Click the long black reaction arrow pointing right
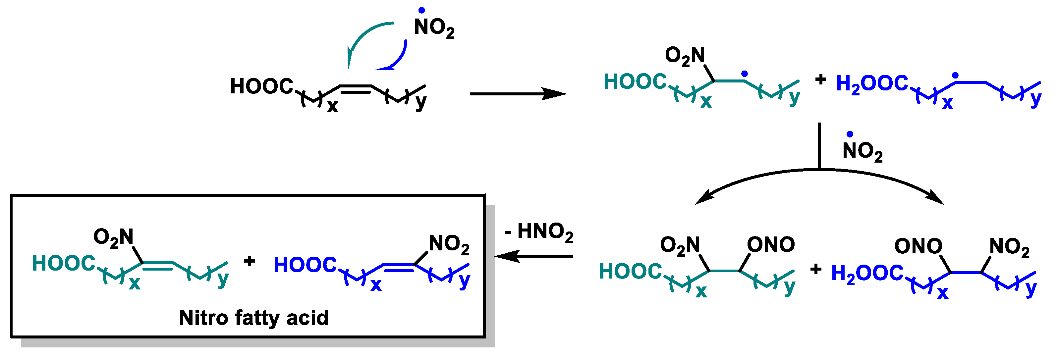[x=518, y=94]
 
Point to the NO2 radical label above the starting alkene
[x=434, y=27]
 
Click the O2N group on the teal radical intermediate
[x=685, y=55]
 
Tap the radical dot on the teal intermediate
[x=744, y=74]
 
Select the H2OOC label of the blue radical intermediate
[x=871, y=83]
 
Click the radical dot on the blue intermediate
[x=955, y=76]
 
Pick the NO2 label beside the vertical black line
[x=862, y=151]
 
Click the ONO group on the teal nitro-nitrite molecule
[x=770, y=245]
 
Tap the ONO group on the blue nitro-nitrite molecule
[x=918, y=246]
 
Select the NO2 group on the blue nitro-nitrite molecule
[x=1009, y=247]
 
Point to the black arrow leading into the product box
[x=534, y=257]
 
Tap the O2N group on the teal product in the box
[x=113, y=237]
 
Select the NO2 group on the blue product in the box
[x=449, y=244]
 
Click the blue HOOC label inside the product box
[x=305, y=265]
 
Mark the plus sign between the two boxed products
[x=249, y=261]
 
